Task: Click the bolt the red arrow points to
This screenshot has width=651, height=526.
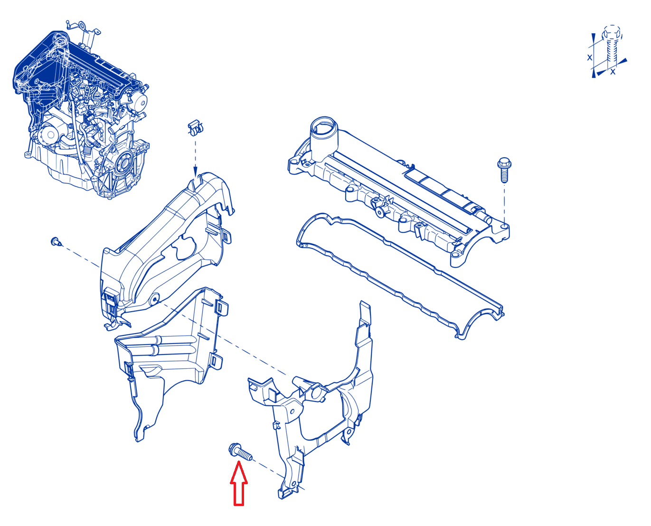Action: pos(240,451)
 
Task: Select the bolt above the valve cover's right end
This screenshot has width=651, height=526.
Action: pos(504,170)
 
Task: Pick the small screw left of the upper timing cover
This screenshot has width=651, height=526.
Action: pos(56,241)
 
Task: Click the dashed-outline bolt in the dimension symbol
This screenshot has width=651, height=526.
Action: pos(612,46)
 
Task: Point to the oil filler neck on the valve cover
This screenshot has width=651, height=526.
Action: pos(324,138)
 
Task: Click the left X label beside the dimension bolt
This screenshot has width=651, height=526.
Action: pos(590,57)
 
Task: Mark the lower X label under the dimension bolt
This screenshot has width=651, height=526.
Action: pos(613,72)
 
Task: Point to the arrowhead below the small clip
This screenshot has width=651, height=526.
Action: pos(195,171)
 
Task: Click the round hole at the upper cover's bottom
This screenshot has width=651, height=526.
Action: pos(155,298)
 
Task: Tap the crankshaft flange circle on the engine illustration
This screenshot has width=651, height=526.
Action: pos(124,163)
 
